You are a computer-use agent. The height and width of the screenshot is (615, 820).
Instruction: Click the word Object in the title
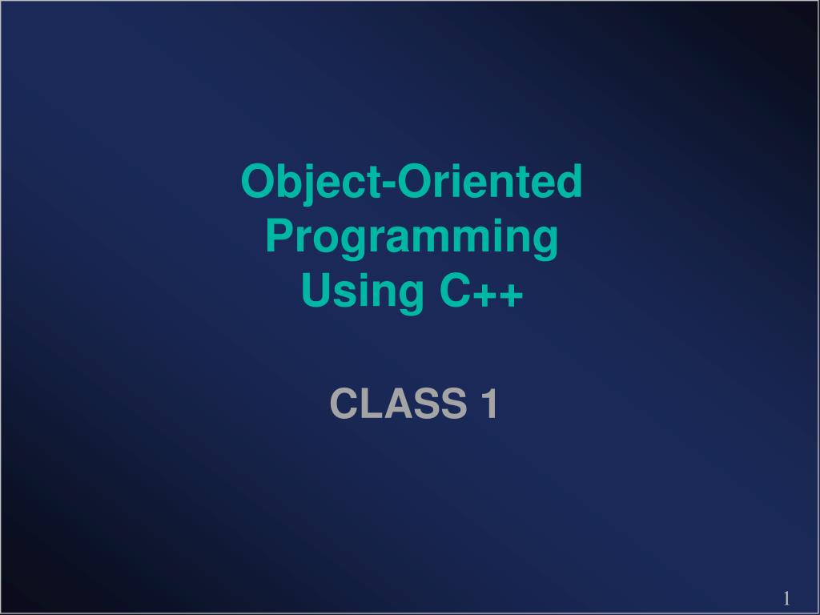pyautogui.click(x=312, y=183)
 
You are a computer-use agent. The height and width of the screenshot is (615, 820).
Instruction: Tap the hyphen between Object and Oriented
pyautogui.click(x=390, y=184)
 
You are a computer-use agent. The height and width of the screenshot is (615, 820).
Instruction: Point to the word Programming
pyautogui.click(x=412, y=238)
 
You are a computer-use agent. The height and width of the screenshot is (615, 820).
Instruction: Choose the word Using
pyautogui.click(x=363, y=292)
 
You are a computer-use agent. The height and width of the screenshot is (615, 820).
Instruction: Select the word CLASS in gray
pyautogui.click(x=398, y=404)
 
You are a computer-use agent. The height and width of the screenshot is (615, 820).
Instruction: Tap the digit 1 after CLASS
pyautogui.click(x=490, y=404)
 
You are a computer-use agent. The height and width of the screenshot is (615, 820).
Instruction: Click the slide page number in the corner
pyautogui.click(x=786, y=597)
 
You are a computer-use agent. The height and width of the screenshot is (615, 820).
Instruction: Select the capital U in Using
pyautogui.click(x=317, y=290)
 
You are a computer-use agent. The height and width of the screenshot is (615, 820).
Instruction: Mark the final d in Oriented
pyautogui.click(x=570, y=181)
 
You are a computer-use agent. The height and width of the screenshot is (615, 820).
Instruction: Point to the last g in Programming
pyautogui.click(x=545, y=243)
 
